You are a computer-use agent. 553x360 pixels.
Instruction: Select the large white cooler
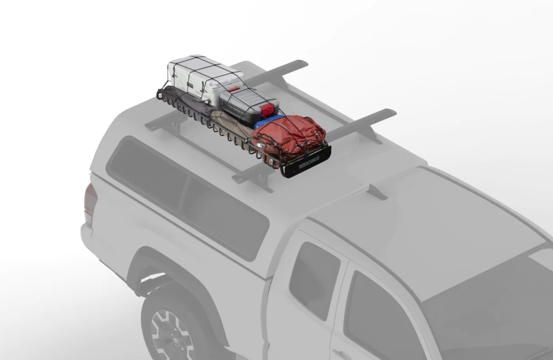(199, 77)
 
